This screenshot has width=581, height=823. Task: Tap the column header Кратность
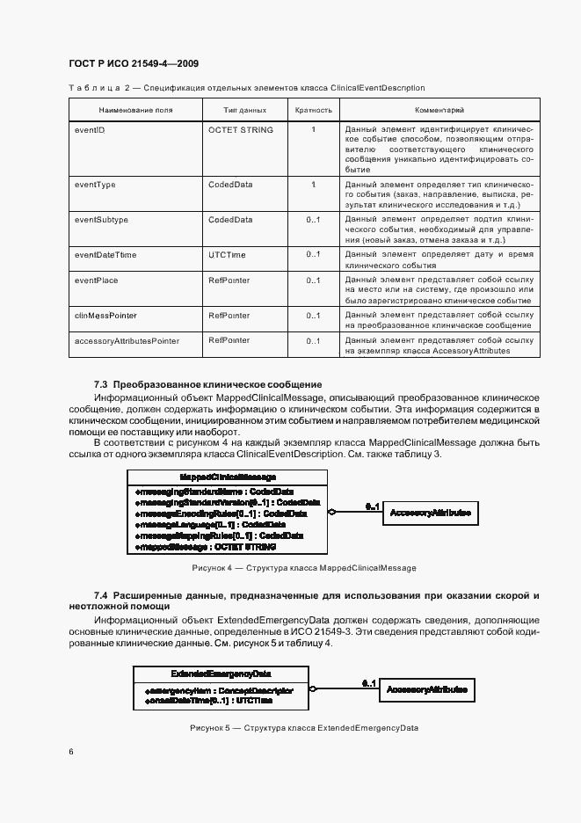pyautogui.click(x=314, y=111)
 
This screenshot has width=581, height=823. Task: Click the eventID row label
pyautogui.click(x=91, y=130)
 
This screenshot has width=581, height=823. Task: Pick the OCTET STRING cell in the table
pyautogui.click(x=241, y=130)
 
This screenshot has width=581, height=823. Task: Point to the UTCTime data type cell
pyautogui.click(x=227, y=255)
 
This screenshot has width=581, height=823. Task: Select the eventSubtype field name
pyautogui.click(x=101, y=219)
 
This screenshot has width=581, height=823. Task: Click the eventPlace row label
pyautogui.click(x=97, y=280)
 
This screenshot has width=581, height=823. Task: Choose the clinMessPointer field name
pyautogui.click(x=105, y=315)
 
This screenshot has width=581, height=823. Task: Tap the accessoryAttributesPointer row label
pyautogui.click(x=127, y=340)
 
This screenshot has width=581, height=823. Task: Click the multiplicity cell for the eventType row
pyautogui.click(x=314, y=185)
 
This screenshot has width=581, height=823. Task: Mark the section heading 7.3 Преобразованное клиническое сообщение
pyautogui.click(x=208, y=384)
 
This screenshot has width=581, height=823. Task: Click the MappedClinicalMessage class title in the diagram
pyautogui.click(x=227, y=476)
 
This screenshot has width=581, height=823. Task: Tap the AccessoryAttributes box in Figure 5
pyautogui.click(x=426, y=690)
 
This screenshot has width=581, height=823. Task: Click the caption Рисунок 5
pyautogui.click(x=304, y=728)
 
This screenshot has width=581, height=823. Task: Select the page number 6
pyautogui.click(x=71, y=752)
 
